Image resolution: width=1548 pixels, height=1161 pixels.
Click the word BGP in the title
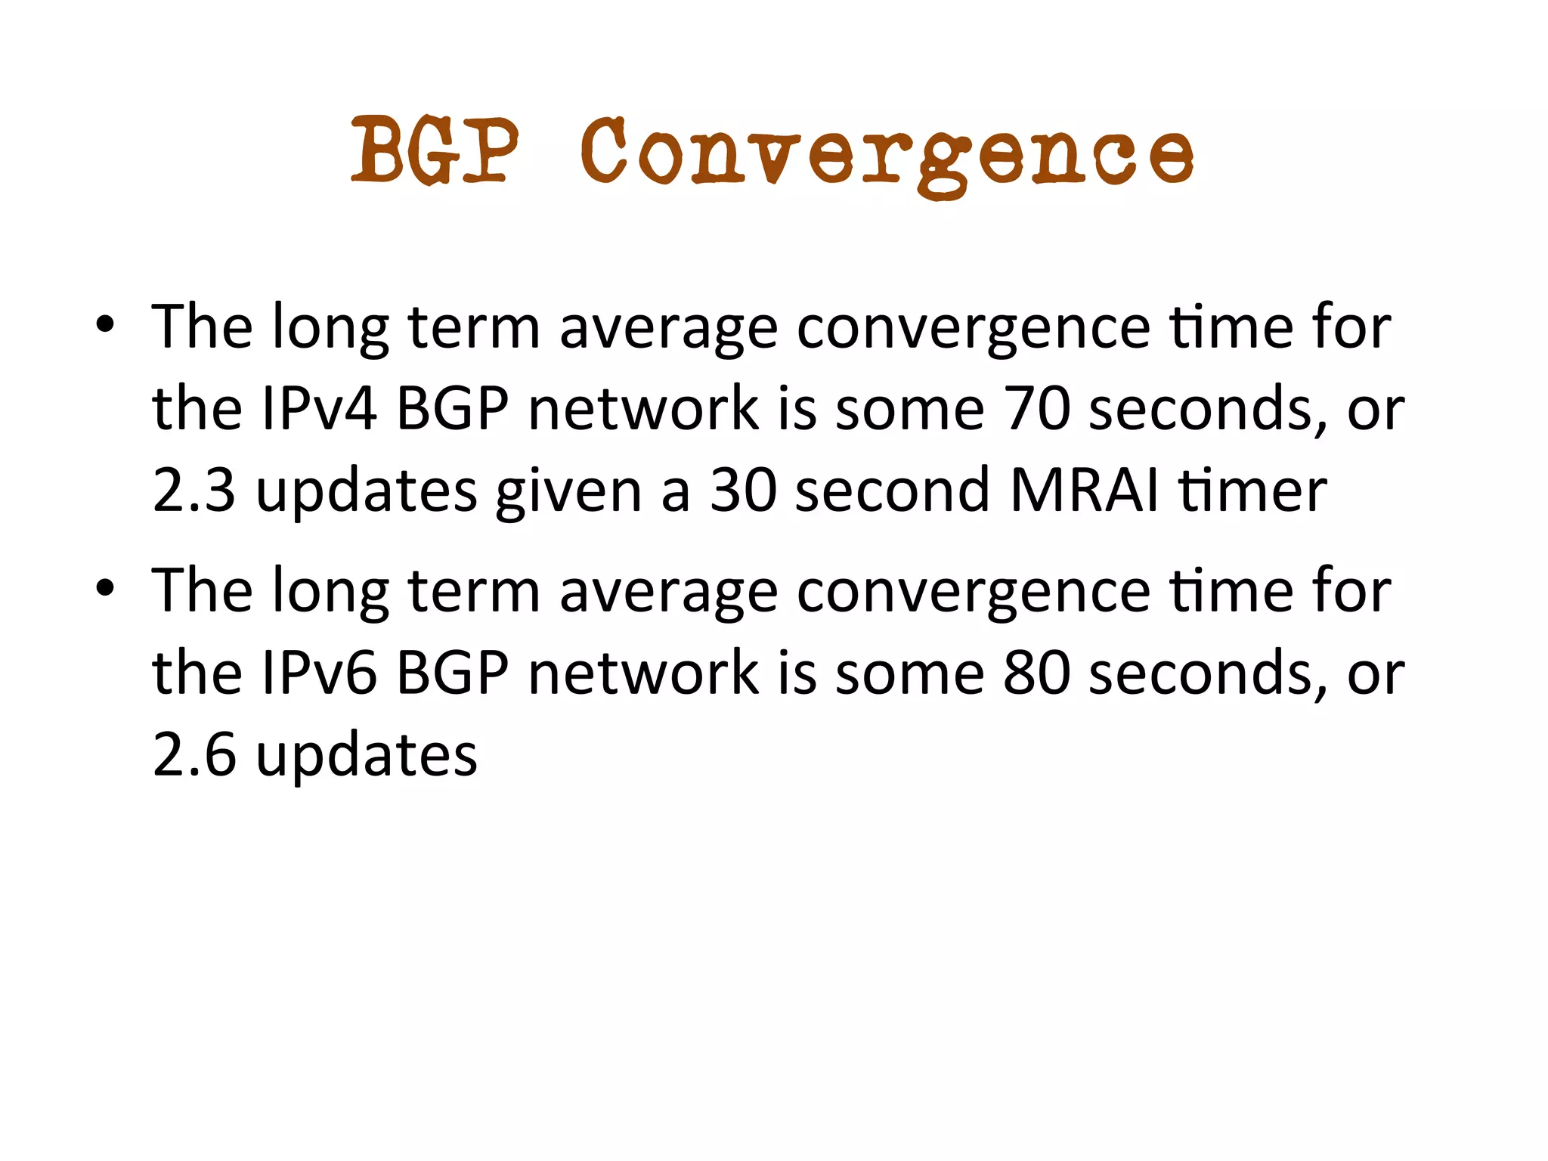click(x=435, y=151)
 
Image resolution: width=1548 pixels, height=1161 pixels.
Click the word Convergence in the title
click(x=887, y=155)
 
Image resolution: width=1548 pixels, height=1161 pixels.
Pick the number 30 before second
click(x=743, y=491)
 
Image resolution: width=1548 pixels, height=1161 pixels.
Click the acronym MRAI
click(x=1084, y=491)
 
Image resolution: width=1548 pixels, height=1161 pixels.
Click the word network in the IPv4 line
click(x=643, y=408)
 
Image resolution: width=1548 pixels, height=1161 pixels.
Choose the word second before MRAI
click(x=892, y=491)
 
